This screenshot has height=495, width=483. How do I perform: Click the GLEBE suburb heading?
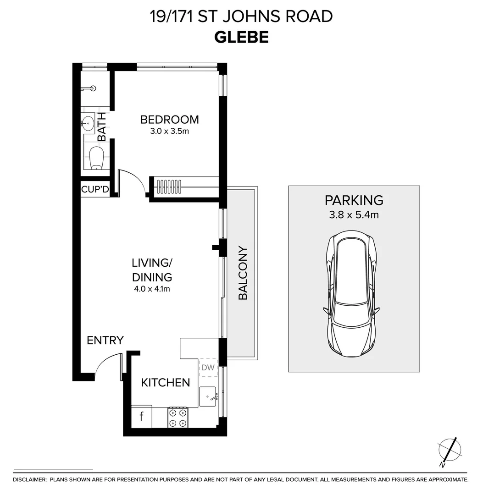[x=241, y=37]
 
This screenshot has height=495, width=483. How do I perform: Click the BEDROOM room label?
[x=169, y=120]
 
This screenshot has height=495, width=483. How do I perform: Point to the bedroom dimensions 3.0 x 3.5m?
[x=169, y=132]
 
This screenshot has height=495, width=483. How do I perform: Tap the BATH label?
[x=102, y=127]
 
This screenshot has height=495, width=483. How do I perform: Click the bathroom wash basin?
[x=88, y=123]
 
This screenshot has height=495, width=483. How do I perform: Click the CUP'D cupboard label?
[x=95, y=189]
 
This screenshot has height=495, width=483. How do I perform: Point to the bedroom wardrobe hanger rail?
[x=169, y=185]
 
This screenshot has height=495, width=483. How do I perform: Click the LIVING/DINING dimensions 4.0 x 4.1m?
[x=152, y=289]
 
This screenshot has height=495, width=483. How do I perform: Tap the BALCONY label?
[x=243, y=273]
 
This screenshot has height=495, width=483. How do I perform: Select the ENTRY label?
[x=105, y=340]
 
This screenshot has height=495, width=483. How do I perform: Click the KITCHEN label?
[x=165, y=382]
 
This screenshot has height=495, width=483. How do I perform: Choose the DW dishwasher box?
[x=208, y=367]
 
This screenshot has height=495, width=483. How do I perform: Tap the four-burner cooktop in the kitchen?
[x=178, y=417]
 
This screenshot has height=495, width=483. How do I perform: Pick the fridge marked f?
[x=141, y=417]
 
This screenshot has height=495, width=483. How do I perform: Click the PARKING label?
[x=354, y=200]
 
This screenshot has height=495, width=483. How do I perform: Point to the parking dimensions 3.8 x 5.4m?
[x=354, y=214]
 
